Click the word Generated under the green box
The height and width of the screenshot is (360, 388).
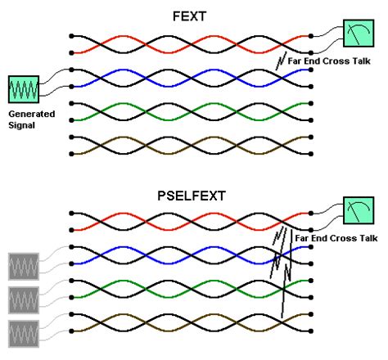[x=31, y=114]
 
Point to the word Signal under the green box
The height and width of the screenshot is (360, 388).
[x=23, y=125]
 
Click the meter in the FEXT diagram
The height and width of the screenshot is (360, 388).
[x=357, y=35]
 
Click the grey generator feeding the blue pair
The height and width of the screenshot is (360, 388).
[x=22, y=266]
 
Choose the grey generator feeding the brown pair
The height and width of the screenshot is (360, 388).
[x=22, y=334]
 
